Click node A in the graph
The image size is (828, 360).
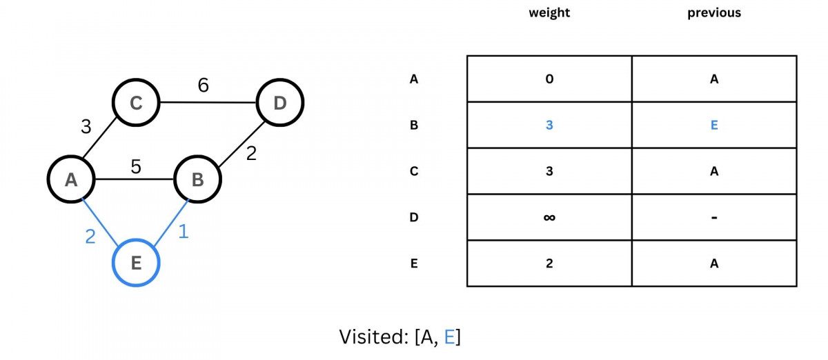(70, 180)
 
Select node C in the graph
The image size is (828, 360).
(136, 103)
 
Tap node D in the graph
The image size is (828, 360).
(279, 103)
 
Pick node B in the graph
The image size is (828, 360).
(197, 180)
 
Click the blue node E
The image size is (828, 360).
(136, 263)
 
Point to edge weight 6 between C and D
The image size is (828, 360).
(203, 86)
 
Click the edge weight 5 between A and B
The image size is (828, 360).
(136, 166)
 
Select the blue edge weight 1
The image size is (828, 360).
(183, 232)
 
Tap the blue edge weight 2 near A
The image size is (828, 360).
(90, 237)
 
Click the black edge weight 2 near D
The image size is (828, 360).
(251, 153)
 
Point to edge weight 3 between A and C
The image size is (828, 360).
(86, 127)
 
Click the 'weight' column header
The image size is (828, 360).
(549, 13)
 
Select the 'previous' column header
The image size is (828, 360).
(714, 13)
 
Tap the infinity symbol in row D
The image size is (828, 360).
(549, 218)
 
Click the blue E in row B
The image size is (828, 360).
(714, 126)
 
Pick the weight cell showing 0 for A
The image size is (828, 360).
(549, 79)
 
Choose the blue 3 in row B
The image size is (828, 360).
(549, 126)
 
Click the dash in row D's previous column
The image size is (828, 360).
(714, 218)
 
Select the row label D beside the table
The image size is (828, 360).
(414, 217)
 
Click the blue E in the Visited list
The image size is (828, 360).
(449, 337)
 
